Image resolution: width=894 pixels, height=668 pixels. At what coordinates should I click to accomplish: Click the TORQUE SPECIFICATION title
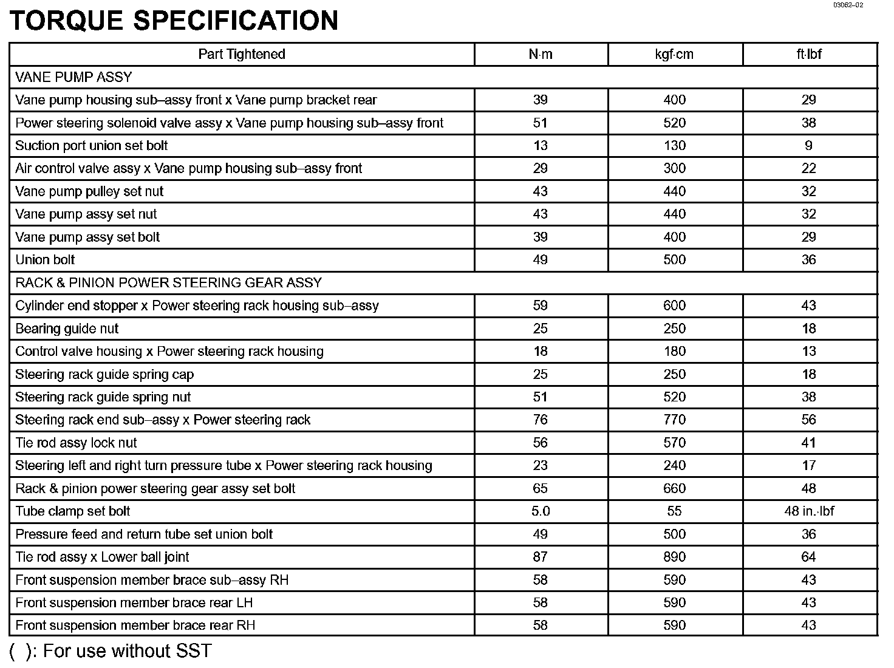tap(174, 21)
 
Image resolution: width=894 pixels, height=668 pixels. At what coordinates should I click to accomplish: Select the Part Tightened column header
tap(242, 54)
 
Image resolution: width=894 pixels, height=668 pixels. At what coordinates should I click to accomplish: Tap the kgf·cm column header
tap(674, 54)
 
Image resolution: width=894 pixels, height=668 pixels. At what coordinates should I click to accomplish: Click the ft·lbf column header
tap(809, 54)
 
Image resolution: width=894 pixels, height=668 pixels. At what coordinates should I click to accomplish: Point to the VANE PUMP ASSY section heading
tap(73, 77)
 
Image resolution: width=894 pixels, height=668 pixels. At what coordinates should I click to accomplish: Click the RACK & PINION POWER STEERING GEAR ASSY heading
tap(168, 282)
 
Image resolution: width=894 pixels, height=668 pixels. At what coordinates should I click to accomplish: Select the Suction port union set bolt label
tap(91, 146)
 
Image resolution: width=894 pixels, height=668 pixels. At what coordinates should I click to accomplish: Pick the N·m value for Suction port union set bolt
tap(540, 146)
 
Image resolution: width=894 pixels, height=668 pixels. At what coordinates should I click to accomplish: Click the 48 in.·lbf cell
tap(809, 511)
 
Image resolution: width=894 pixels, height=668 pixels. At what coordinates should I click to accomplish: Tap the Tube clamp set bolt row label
tap(73, 511)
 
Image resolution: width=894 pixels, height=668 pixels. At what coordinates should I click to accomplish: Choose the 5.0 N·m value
tap(540, 511)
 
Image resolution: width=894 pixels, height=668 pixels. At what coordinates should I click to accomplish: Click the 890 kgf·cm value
tap(674, 557)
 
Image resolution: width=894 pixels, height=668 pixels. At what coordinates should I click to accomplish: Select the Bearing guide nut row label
tap(67, 329)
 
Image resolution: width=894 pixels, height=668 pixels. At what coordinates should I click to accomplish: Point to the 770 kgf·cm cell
tap(674, 420)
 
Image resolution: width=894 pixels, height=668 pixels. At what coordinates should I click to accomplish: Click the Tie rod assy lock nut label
tap(76, 443)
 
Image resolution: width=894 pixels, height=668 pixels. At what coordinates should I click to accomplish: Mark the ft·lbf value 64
tap(809, 557)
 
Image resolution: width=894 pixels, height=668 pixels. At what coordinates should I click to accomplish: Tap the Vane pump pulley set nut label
tap(89, 191)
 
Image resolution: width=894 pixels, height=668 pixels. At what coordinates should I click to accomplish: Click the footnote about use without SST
tap(111, 651)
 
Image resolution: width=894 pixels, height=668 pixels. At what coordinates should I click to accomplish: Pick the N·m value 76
tap(540, 420)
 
